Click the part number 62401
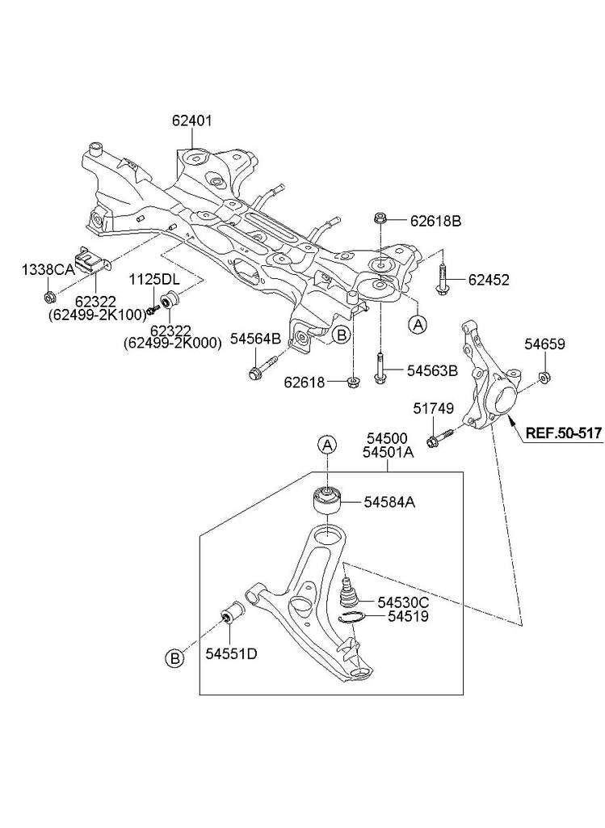[x=191, y=121]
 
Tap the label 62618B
[x=435, y=220]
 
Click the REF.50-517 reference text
[x=563, y=433]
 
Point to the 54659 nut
[x=544, y=376]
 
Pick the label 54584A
[x=389, y=502]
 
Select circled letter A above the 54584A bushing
[x=326, y=444]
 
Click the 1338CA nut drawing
[x=49, y=292]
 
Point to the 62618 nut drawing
[x=353, y=381]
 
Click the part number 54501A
[x=388, y=454]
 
